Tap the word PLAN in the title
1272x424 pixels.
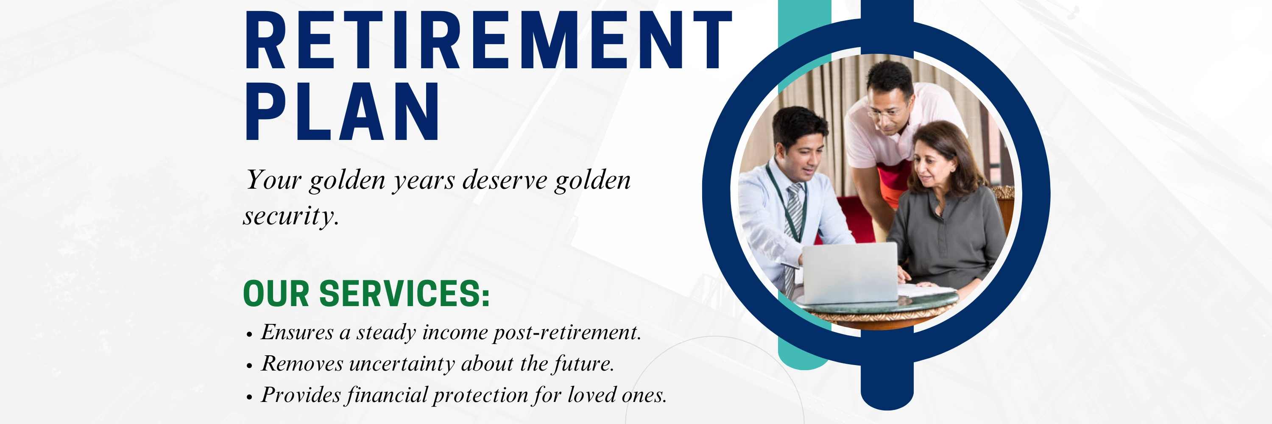tap(342, 111)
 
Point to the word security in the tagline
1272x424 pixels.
tap(291, 216)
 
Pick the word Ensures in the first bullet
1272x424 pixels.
tap(297, 332)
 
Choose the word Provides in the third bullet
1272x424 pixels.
tap(301, 395)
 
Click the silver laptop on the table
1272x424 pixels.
tap(849, 273)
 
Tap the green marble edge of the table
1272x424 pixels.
tap(876, 301)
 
